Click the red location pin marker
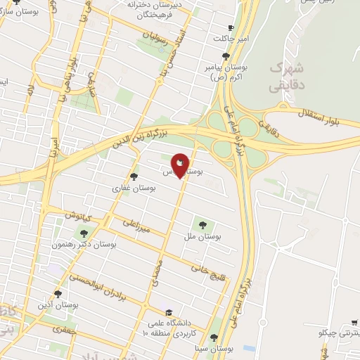tap(180, 165)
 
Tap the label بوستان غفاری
tap(127, 188)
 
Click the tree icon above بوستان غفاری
tap(134, 176)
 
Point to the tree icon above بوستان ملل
tap(202, 226)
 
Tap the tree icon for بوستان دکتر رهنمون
tap(84, 233)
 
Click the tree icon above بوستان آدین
tap(58, 294)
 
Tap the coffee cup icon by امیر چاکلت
tap(231, 27)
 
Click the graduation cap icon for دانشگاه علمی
tap(168, 312)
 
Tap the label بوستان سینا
tap(215, 349)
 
